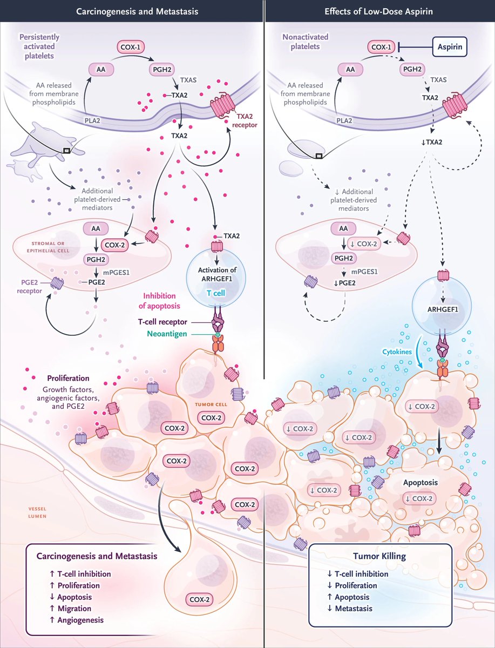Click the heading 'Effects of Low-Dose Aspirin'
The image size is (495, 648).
(379, 11)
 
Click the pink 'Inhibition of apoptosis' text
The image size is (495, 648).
(169, 300)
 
